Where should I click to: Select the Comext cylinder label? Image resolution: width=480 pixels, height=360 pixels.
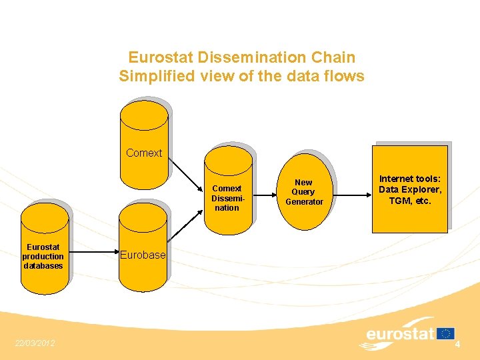click(x=144, y=153)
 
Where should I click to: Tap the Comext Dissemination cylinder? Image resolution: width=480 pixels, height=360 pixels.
click(x=228, y=193)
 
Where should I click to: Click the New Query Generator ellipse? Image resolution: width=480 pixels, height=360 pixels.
click(x=304, y=192)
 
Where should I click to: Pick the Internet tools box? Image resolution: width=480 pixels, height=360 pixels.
click(x=410, y=190)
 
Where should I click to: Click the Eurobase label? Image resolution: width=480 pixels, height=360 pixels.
click(x=143, y=255)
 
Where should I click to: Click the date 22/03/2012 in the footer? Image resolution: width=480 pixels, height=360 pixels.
click(x=35, y=343)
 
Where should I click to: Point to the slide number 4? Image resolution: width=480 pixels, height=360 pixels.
click(x=458, y=344)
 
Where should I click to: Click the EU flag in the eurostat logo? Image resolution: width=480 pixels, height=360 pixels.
click(x=446, y=333)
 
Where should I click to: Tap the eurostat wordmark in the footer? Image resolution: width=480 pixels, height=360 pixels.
click(x=400, y=334)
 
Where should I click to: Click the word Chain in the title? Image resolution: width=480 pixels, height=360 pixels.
click(x=335, y=58)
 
